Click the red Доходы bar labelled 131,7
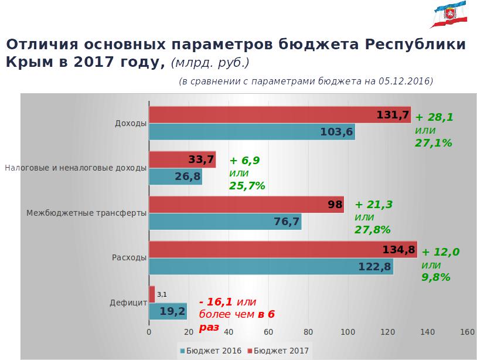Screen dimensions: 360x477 pos(280,115)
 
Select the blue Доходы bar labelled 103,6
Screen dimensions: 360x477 pos(252,132)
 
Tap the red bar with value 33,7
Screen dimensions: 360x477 pos(182,159)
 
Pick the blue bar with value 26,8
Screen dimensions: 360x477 pos(175,176)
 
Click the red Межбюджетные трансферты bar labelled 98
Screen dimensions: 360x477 pos(246,205)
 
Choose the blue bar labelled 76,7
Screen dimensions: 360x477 pos(225,222)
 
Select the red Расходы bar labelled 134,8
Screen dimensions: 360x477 pos(283,250)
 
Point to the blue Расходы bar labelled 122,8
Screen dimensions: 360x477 pos(271,267)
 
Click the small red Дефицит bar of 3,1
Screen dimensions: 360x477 pos(152,294)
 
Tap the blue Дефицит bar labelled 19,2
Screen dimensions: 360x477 pos(168,311)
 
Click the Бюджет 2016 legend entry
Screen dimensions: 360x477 pos(209,351)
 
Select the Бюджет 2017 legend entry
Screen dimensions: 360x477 pos(278,351)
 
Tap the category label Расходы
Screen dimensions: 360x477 pos(130,257)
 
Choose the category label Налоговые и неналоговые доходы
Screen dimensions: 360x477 pos(76,168)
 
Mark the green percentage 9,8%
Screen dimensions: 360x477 pos(436,277)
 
